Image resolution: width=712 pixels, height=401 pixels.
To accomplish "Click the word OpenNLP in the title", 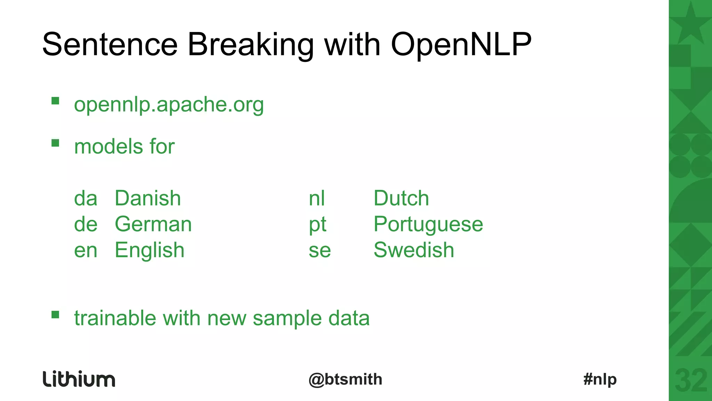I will click(461, 45).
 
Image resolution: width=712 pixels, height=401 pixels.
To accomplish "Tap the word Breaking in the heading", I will click(250, 45).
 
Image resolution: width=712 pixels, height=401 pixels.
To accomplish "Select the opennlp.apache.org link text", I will click(169, 104).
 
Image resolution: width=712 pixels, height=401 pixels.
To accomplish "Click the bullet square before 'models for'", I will click(55, 143).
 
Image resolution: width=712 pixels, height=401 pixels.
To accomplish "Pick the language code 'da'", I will click(86, 198).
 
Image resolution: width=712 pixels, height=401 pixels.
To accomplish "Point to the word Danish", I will click(148, 198).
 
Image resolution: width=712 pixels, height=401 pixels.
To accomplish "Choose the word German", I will click(153, 224).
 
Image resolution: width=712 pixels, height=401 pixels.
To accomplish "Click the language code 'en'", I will click(86, 250).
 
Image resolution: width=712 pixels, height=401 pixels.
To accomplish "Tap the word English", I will click(149, 250).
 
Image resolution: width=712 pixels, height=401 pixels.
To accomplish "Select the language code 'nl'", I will click(317, 198).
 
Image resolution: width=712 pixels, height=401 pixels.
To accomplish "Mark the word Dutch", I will click(401, 198).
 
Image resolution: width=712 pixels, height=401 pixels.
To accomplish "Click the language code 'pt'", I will click(317, 225).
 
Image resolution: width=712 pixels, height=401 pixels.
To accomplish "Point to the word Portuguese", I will click(428, 224).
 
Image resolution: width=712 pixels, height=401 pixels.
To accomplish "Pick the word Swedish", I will click(414, 250).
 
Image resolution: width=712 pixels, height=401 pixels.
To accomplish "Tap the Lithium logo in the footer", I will click(79, 379).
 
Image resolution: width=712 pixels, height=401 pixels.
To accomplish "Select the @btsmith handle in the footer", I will click(345, 379).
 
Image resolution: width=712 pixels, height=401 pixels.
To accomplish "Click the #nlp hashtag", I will click(600, 379).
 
